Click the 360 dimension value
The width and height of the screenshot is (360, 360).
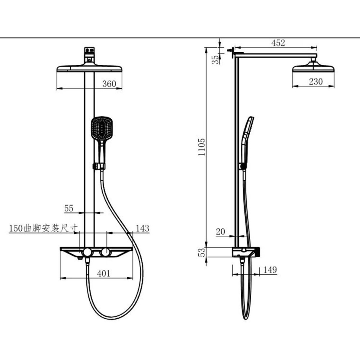tap(109, 84)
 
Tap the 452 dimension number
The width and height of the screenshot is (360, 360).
tap(278, 43)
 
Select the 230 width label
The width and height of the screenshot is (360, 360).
tap(316, 81)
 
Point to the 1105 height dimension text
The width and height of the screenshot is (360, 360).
tap(202, 147)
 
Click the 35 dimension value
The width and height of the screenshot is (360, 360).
tap(215, 59)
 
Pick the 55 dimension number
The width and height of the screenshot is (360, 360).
tap(69, 208)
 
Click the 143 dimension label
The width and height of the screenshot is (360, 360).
tap(143, 229)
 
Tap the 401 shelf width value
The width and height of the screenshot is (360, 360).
tap(104, 274)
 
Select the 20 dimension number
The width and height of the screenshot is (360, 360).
tap(220, 231)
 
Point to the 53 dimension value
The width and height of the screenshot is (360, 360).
tap(202, 252)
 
